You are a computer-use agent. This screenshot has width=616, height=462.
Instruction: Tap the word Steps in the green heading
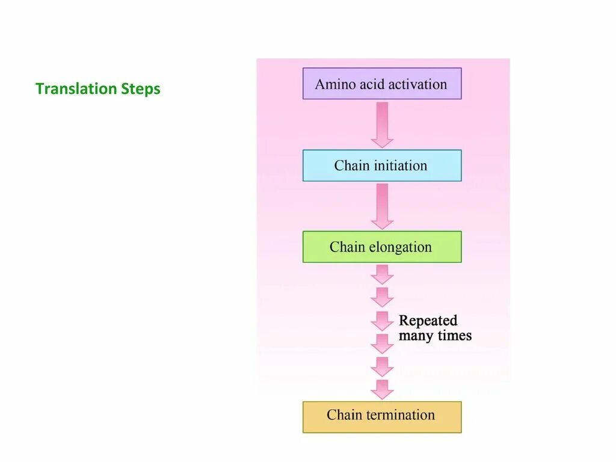tap(141, 89)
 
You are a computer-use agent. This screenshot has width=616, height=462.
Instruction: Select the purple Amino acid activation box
tap(381, 84)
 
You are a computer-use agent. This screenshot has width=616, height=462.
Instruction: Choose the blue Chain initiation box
tap(381, 165)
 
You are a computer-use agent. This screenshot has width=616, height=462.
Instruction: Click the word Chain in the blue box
tap(352, 165)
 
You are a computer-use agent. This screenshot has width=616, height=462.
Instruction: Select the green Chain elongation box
tap(381, 247)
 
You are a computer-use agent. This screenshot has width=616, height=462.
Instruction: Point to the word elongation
tap(401, 247)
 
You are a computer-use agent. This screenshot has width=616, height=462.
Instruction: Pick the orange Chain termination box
tap(381, 416)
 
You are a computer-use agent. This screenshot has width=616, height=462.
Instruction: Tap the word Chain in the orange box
tap(345, 415)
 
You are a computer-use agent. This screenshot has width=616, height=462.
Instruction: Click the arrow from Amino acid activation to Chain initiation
tap(381, 125)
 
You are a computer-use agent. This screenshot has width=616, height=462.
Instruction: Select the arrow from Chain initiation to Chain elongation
tap(381, 206)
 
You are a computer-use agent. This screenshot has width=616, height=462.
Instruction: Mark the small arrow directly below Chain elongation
tap(381, 274)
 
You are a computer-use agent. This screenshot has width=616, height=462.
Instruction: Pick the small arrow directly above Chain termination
tap(381, 389)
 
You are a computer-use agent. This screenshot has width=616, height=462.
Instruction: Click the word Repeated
tap(428, 321)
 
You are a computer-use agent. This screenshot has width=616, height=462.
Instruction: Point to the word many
tap(415, 336)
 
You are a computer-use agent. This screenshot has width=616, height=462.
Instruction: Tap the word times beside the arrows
tap(454, 336)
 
